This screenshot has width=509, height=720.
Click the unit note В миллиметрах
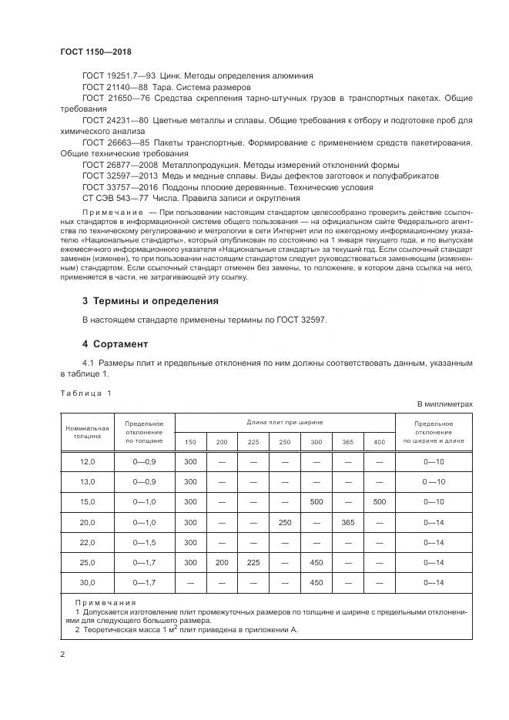point(444,404)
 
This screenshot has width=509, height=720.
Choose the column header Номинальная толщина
point(87,432)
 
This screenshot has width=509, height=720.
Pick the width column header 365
point(347,442)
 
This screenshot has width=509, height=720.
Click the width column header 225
point(253,442)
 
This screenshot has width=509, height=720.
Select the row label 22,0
point(87,542)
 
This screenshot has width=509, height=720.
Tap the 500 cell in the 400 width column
point(379,501)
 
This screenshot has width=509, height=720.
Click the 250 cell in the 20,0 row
point(285,521)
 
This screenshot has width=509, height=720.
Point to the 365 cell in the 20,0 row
point(347,521)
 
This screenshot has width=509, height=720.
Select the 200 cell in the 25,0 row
point(222,562)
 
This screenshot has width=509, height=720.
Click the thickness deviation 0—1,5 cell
point(145,542)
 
